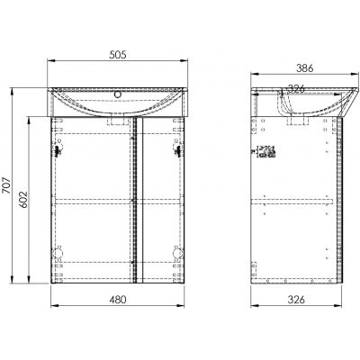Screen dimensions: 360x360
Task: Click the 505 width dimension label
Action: tap(118, 55)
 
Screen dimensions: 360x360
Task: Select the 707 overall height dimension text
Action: tap(6, 185)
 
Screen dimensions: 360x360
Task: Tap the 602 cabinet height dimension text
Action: tap(23, 200)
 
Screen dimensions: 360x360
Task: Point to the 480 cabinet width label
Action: tap(118, 300)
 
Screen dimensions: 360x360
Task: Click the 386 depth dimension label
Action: tap(304, 68)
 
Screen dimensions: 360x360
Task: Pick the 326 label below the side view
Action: tap(296, 300)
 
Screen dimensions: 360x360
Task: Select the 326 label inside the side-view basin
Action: tap(296, 88)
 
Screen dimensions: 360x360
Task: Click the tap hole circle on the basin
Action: tap(118, 94)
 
